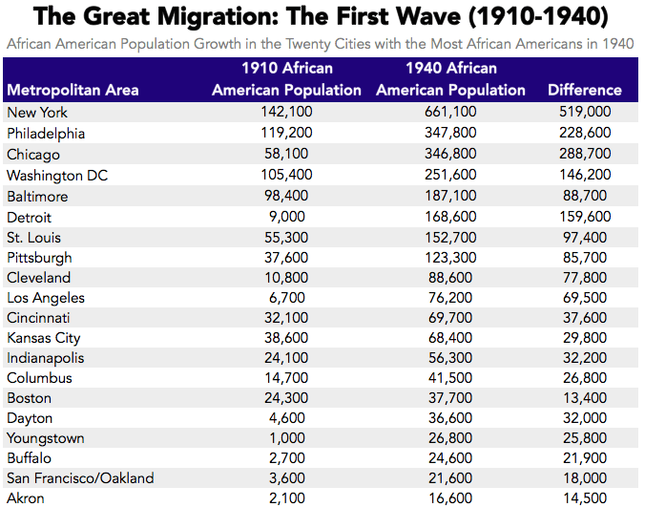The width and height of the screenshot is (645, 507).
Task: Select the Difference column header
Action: tap(584, 90)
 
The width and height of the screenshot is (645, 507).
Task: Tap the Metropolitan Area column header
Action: tap(73, 90)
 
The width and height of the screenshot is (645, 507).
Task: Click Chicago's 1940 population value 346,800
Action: tap(450, 154)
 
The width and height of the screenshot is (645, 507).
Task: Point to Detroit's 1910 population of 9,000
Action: tap(286, 216)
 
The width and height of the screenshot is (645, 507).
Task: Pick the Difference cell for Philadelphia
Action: tap(584, 134)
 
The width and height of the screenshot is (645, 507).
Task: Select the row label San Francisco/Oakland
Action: tap(80, 477)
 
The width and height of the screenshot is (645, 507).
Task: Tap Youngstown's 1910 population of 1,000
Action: tap(286, 437)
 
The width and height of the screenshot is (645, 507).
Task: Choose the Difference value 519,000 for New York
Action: tap(584, 113)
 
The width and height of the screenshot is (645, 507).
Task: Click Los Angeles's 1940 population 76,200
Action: tap(450, 298)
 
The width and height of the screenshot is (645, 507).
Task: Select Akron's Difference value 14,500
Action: tap(584, 497)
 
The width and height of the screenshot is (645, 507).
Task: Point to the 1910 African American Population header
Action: tap(286, 78)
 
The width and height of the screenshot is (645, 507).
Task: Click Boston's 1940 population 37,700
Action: tap(450, 397)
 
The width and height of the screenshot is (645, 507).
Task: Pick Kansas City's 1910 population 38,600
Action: tap(286, 338)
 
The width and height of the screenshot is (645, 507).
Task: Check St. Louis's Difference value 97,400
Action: tap(584, 237)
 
